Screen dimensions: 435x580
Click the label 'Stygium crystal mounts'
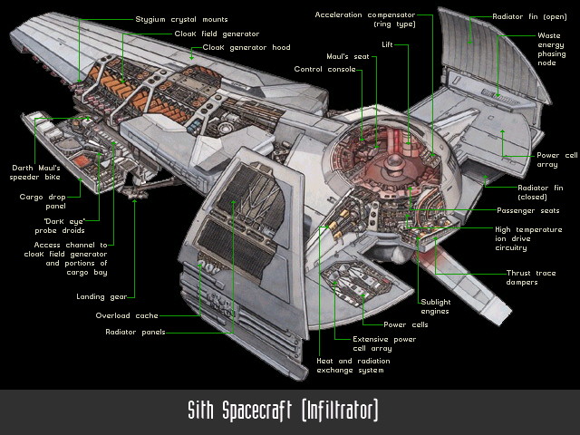[181, 19]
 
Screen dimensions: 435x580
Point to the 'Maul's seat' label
[349, 56]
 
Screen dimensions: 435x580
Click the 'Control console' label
[324, 69]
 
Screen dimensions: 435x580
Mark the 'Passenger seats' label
[527, 210]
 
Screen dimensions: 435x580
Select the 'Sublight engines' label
[434, 306]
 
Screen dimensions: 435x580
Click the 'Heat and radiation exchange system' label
[350, 363]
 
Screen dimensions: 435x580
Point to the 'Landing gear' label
[105, 295]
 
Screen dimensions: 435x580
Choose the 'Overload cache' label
[127, 315]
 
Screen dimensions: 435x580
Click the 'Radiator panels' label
[134, 332]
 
